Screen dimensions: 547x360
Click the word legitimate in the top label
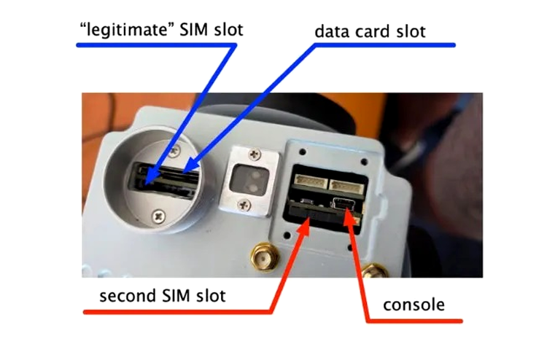pos(130,31)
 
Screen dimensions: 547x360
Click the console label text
pos(414,305)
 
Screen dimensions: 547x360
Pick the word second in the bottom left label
pos(128,296)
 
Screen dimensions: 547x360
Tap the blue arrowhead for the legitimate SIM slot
pos(150,176)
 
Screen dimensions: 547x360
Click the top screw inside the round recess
pos(175,151)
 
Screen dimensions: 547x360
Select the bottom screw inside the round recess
pos(159,216)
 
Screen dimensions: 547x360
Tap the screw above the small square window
pos(255,154)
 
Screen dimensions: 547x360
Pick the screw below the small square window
pos(245,205)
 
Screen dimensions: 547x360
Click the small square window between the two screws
pos(250,179)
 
